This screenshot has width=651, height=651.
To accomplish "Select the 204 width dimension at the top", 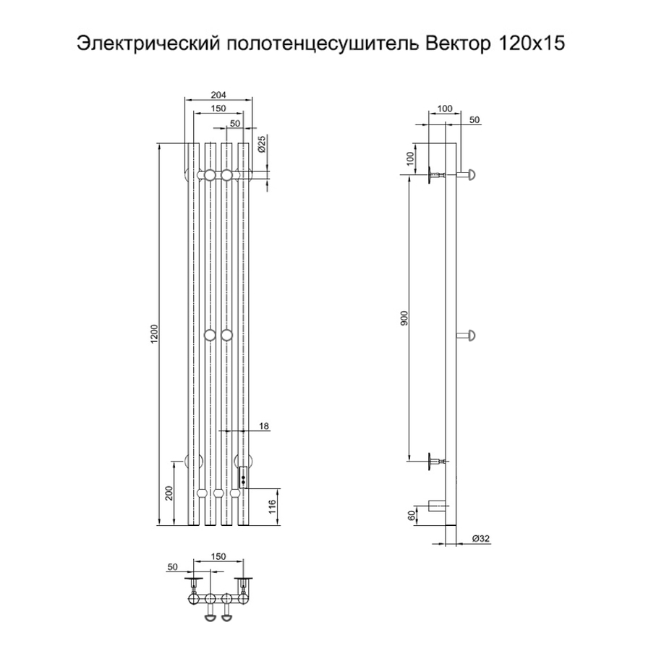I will pos(218,95).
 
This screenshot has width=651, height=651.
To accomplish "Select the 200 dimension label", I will pos(171,493).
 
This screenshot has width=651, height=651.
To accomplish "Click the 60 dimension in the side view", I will pos(412,515).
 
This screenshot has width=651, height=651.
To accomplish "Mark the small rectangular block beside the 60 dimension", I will pos(436,506).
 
